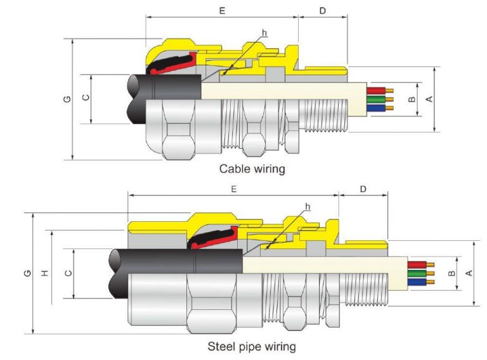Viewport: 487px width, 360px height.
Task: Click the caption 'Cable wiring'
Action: coord(252,169)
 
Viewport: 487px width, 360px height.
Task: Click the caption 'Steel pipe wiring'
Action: coord(251,347)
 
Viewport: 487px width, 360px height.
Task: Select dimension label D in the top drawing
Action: coord(323,11)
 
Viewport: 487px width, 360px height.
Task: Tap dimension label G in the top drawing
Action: coord(67,100)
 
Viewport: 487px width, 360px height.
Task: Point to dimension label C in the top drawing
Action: coord(86,98)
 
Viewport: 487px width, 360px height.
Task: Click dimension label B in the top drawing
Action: coord(412,100)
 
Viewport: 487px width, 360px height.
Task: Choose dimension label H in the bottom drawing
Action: coord(44,273)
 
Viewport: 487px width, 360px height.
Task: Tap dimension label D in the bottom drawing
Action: coord(363,189)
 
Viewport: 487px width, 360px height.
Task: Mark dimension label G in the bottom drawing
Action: coord(26,273)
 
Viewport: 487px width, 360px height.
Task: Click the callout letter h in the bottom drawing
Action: coord(308,207)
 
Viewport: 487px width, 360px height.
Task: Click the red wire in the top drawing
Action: coord(379,91)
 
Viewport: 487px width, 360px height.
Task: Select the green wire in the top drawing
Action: coord(379,100)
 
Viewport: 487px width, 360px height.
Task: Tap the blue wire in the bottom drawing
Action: coord(418,281)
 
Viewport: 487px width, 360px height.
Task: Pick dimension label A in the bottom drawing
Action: coord(469,273)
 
